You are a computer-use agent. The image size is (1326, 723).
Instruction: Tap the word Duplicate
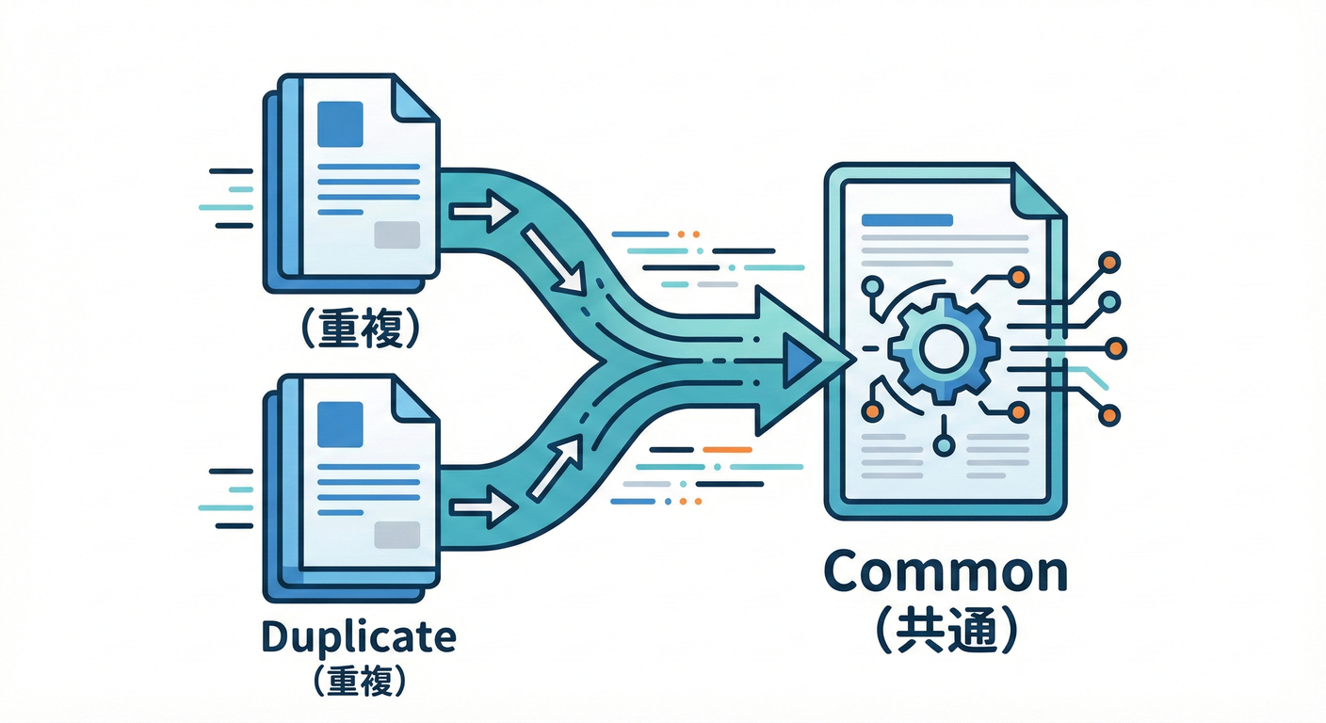357,637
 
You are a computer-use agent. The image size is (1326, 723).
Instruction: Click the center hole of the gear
940,350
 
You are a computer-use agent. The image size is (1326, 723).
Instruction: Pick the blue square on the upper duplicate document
340,124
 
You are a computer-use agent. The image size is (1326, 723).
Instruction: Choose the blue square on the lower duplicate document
340,425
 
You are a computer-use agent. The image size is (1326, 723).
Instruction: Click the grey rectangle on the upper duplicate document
396,234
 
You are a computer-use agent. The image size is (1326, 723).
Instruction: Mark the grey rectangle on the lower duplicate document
396,534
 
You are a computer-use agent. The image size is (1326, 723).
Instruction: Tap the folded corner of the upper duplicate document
413,98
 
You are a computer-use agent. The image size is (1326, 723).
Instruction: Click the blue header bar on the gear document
907,220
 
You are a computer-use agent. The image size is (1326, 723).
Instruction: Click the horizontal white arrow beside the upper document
482,211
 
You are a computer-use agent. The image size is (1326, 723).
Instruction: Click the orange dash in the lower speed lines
728,450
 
